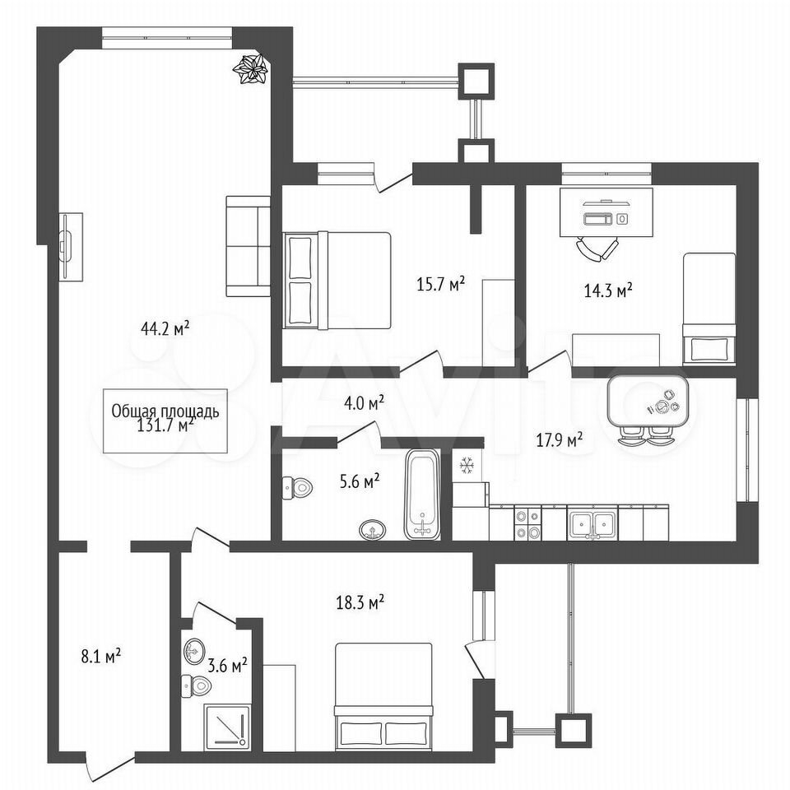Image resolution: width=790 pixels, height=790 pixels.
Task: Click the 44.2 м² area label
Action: (165, 329)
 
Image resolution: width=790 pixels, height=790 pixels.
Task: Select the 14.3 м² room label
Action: (608, 290)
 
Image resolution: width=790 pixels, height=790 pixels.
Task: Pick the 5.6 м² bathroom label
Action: (360, 482)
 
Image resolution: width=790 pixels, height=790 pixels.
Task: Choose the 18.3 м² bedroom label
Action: (360, 602)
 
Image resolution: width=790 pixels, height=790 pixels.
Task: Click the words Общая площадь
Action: (165, 411)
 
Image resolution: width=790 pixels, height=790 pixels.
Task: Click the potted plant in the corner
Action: (251, 69)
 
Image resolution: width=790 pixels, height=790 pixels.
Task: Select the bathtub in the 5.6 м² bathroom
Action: (422, 494)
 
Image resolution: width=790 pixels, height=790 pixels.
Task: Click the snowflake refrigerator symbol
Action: (467, 466)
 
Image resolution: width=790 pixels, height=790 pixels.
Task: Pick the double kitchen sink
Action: (592, 525)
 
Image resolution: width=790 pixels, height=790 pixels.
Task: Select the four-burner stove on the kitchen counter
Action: (527, 524)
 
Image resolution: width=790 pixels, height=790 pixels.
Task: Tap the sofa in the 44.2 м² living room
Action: (249, 246)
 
